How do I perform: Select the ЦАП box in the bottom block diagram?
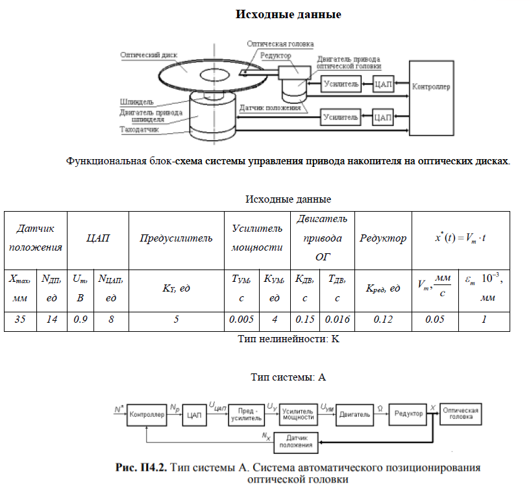(x=194, y=414)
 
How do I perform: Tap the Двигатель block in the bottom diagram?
(x=353, y=414)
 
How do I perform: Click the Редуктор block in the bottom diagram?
(x=406, y=414)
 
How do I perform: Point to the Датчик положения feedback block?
(x=295, y=442)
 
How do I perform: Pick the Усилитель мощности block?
(x=298, y=414)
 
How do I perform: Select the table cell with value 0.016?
(x=338, y=320)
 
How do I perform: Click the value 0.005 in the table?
(x=241, y=320)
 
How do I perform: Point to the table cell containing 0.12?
(x=382, y=320)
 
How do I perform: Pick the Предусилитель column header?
(x=176, y=238)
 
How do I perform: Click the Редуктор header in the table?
(x=382, y=238)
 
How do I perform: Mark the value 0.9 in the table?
(x=80, y=320)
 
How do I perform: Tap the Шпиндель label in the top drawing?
(x=136, y=102)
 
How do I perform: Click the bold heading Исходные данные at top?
(x=288, y=14)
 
